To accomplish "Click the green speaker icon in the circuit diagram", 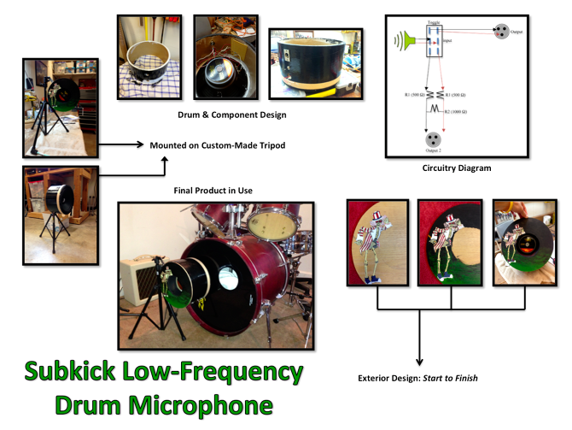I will pyautogui.click(x=406, y=39).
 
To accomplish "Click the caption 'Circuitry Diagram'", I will pyautogui.click(x=456, y=168).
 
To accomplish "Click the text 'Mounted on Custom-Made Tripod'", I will pyautogui.click(x=218, y=145).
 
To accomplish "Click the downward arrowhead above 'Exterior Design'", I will pyautogui.click(x=419, y=362).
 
